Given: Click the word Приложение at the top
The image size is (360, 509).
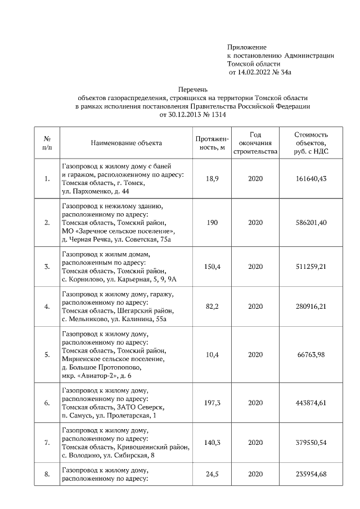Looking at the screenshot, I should coord(246,47).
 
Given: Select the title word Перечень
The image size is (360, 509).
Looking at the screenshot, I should coord(193,89).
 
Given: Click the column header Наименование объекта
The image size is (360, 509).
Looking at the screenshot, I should coord(126,143).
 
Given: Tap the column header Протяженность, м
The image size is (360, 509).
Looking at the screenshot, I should coord(212,143).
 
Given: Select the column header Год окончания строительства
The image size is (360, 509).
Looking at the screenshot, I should coord(255,143).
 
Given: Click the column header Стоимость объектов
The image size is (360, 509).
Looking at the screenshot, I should coord(311,143).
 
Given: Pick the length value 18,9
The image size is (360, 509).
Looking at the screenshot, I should coord(212,179).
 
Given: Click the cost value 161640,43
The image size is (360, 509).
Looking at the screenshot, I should coord(311,179).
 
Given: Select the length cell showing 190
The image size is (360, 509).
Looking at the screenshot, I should coord(212,223).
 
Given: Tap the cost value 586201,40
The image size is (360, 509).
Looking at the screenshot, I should coord(311,223).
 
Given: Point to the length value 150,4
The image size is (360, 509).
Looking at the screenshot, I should coord(212,267).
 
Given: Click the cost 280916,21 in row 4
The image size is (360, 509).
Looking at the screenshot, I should coord(311,307).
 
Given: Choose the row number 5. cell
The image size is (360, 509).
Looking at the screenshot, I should coord(47,355).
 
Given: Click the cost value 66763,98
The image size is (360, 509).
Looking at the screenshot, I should coord(311,355).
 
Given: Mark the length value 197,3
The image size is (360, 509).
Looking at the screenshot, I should coord(212,403).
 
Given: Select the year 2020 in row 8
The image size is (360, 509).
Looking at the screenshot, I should coord(255,475).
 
